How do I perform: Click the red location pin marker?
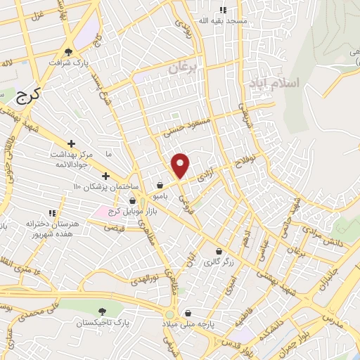point(181,165)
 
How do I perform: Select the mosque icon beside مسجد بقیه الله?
point(224,10)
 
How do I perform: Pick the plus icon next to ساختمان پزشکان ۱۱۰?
point(105,176)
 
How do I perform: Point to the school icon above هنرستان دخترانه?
point(51,212)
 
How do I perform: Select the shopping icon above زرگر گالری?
point(219,251)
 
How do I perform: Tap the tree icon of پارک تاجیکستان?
point(103,311)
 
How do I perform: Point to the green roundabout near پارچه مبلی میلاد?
point(169,313)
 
